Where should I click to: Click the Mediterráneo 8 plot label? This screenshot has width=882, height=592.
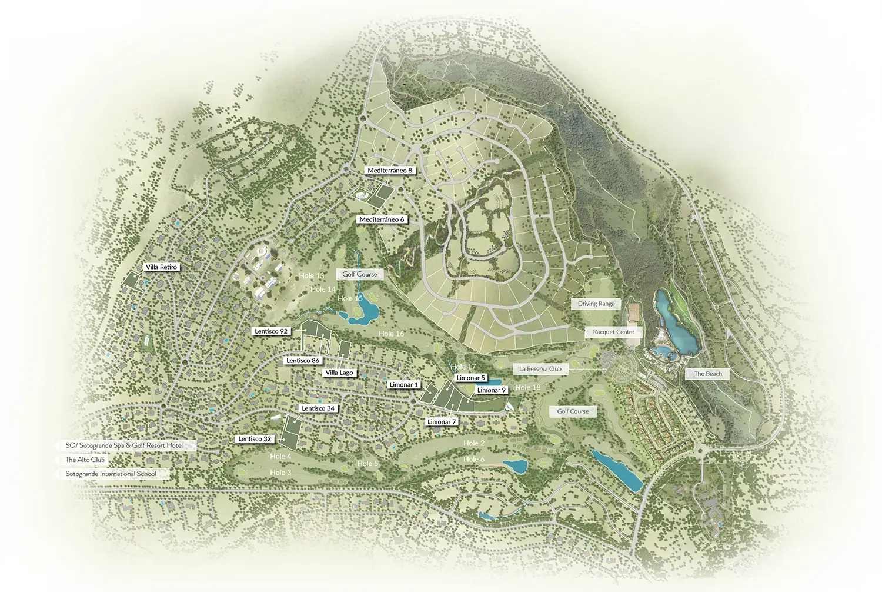[389, 171]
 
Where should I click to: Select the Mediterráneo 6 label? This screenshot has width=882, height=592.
[382, 219]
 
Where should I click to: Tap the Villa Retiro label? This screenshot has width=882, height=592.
[161, 267]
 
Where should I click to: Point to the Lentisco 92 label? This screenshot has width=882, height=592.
[271, 331]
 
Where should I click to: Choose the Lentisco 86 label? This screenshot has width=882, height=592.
[303, 361]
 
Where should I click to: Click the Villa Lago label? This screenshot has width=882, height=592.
[339, 373]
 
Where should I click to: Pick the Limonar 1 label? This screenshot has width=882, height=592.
[404, 385]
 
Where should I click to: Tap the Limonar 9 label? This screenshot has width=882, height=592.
[491, 390]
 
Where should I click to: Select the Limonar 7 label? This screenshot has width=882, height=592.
[441, 422]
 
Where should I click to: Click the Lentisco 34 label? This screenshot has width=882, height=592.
[318, 408]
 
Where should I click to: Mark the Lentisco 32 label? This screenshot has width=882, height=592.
[255, 439]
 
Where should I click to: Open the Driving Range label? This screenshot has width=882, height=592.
[596, 304]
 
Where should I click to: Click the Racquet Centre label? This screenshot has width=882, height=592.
[613, 332]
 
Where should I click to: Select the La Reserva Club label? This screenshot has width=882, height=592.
[540, 369]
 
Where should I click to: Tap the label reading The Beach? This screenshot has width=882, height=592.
[707, 374]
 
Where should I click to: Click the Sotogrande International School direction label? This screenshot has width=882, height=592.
[111, 474]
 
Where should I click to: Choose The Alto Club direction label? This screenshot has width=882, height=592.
[85, 460]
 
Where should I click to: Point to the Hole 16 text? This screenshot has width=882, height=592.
[391, 334]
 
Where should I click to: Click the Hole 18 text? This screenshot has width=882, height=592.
[527, 387]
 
